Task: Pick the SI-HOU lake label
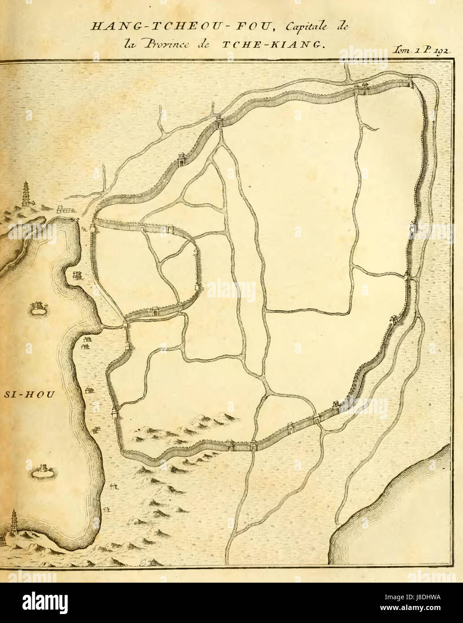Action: [28, 395]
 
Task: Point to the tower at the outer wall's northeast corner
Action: [410, 81]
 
